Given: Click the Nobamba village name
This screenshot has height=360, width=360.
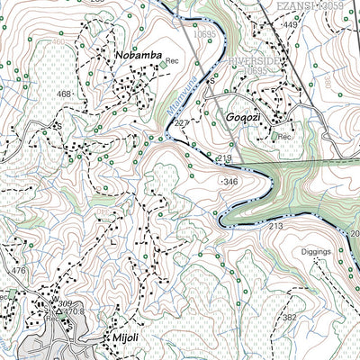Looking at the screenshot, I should (x=138, y=56).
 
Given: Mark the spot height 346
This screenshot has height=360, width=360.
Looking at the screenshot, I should (x=231, y=182).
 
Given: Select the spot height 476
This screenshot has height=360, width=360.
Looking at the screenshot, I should (x=18, y=269).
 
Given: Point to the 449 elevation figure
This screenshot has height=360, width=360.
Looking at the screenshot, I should (x=290, y=25).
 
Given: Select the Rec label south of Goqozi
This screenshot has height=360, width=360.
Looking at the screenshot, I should (x=284, y=137).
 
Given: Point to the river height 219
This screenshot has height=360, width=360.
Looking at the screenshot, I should (x=224, y=158).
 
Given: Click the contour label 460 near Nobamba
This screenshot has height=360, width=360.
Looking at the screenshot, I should (x=60, y=42).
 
